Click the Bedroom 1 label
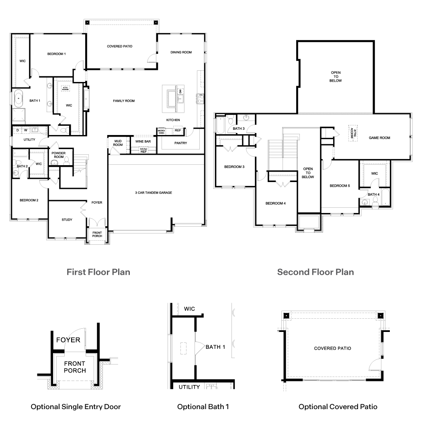click(x=56, y=54)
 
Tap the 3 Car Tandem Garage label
click(x=154, y=193)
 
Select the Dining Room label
click(x=181, y=52)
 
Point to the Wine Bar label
click(x=143, y=141)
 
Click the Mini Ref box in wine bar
click(x=143, y=150)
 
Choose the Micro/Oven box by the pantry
click(x=161, y=131)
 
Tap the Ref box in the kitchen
click(x=178, y=130)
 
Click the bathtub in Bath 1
click(x=19, y=99)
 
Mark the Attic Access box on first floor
click(x=65, y=88)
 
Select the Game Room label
click(x=379, y=138)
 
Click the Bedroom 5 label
click(x=340, y=186)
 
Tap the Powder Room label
click(x=58, y=155)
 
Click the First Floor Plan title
click(x=98, y=272)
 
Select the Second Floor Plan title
click(x=315, y=272)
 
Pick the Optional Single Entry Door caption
click(x=76, y=407)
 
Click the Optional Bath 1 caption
click(x=203, y=407)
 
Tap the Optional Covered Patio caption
click(x=338, y=407)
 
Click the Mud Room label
click(x=118, y=143)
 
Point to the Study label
click(x=67, y=220)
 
